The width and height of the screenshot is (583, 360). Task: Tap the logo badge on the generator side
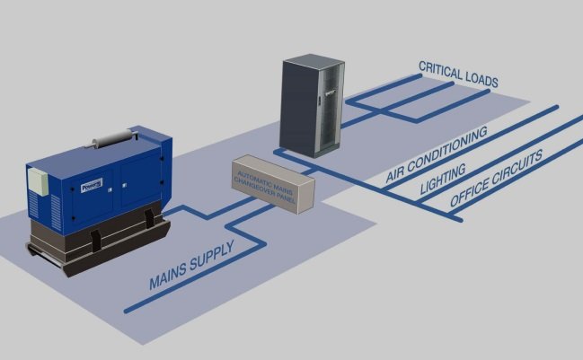[92, 186]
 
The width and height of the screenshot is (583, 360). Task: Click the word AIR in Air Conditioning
[397, 171]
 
